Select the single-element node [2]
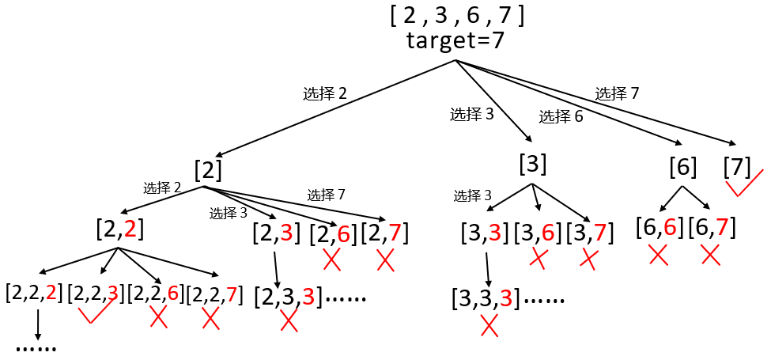point(208,170)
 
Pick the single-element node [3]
point(533,165)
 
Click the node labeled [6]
point(682,168)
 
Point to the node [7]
point(737,168)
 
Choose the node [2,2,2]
point(34,294)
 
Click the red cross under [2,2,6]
point(158,318)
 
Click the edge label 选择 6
point(561,117)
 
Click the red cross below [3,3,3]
point(489,326)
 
